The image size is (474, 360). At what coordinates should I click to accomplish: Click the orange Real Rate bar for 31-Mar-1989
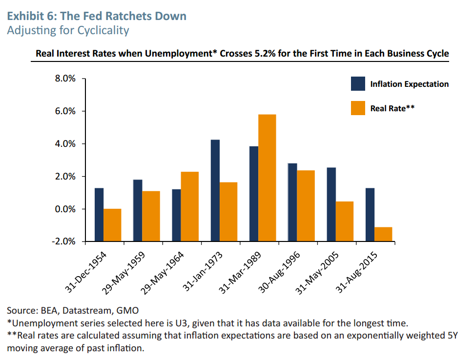267,178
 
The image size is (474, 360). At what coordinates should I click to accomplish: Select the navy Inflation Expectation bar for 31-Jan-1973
215,190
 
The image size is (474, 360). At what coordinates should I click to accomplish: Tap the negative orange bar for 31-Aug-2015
383,234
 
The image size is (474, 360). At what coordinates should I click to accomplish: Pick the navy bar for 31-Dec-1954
99,215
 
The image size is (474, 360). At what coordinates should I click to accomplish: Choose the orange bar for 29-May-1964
189,206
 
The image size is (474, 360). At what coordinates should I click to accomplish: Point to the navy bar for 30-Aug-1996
292,202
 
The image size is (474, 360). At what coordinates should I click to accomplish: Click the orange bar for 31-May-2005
345,221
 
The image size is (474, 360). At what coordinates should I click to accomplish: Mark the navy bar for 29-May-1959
138,210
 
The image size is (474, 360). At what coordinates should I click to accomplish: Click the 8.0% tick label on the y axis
64,79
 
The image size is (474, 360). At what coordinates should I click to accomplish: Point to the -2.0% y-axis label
63,242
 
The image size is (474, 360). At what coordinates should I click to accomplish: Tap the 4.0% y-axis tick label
64,144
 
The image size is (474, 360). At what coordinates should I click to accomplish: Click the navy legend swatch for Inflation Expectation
358,84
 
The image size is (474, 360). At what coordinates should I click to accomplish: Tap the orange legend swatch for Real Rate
358,108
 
